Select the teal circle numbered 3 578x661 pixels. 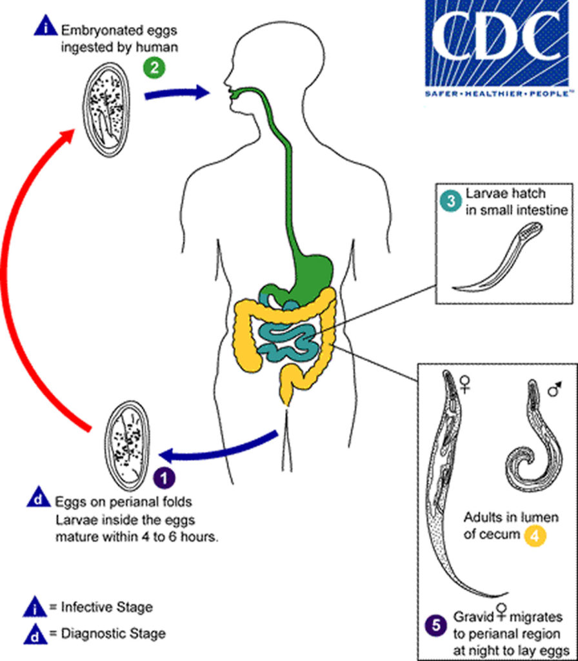coord(450,201)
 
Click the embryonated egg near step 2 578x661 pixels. coord(106,112)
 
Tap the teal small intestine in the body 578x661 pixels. coord(287,339)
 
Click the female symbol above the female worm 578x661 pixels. coord(464,385)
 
